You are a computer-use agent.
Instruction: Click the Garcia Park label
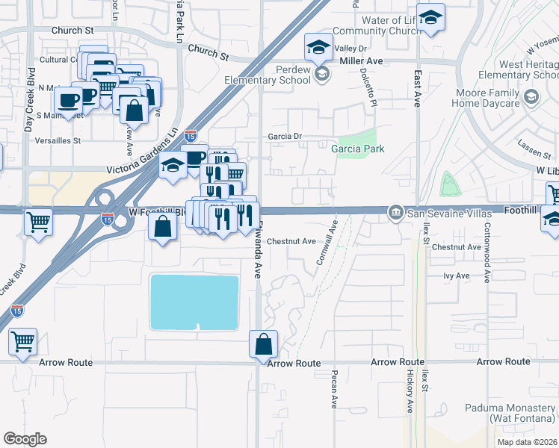[x=358, y=149]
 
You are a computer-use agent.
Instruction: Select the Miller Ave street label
[x=362, y=60]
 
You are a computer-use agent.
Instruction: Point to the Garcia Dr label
[x=285, y=137]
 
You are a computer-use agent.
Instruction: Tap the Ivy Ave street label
[x=456, y=276]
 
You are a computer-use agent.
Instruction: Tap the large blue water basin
[x=194, y=302]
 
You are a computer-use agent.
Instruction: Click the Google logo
[x=25, y=439]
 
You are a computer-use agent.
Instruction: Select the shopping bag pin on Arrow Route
[x=263, y=345]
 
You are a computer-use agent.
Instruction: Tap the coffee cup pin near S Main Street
[x=68, y=99]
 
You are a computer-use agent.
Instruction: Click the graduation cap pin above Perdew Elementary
[x=318, y=48]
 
